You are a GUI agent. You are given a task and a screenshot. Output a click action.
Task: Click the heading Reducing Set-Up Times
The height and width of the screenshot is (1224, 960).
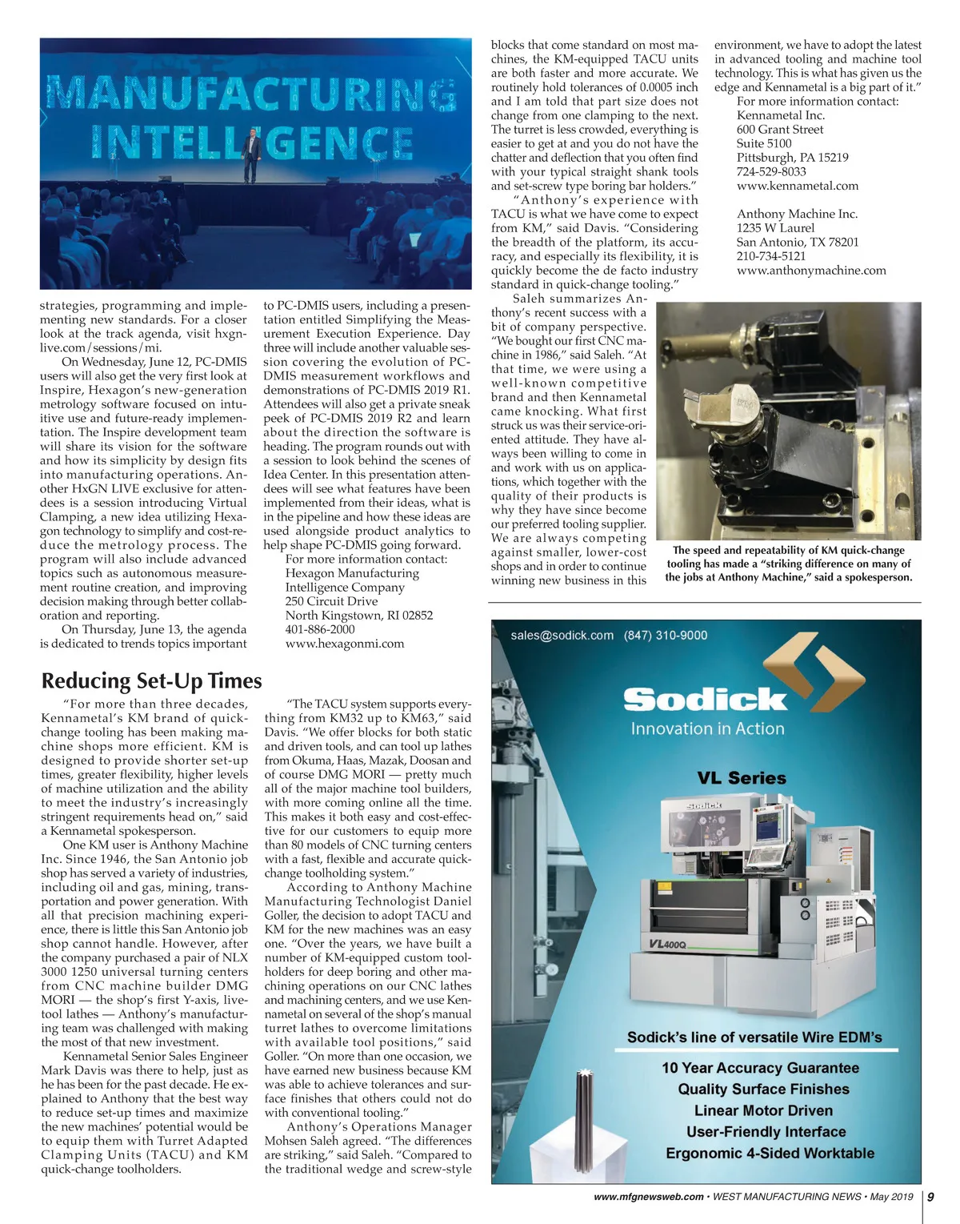tap(151, 680)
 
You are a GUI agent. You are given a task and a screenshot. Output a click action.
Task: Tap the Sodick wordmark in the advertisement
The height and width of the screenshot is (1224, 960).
tap(705, 699)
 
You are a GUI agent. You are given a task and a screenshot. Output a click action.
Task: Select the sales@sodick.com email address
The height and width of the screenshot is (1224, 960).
tap(562, 636)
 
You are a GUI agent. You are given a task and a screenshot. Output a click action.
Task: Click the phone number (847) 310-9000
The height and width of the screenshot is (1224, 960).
tap(666, 636)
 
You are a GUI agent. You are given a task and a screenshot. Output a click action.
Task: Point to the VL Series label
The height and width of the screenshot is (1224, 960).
tap(741, 778)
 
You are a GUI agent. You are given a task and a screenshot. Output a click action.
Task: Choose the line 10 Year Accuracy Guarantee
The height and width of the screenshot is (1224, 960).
tap(760, 1068)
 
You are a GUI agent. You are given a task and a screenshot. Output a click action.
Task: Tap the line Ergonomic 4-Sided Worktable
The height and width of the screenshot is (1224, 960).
tap(770, 1153)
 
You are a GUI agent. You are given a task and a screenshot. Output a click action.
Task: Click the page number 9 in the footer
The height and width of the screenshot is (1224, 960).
tap(930, 1197)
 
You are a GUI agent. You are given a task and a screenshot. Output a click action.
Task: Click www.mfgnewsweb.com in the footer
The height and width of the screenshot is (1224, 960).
tap(649, 1197)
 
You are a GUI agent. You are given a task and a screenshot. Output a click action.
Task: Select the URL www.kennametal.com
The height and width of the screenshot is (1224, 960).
tap(797, 186)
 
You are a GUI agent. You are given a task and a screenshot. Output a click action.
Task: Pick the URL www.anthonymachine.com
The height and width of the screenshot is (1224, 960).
tap(810, 271)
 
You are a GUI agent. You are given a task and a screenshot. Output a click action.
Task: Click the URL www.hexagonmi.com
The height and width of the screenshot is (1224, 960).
tap(345, 644)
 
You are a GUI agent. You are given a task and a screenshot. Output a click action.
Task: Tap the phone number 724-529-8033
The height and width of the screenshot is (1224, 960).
tap(771, 171)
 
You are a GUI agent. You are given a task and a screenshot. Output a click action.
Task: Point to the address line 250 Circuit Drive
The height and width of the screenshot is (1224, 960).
tap(331, 601)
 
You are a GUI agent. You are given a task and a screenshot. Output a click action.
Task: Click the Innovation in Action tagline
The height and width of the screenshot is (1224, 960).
tap(707, 728)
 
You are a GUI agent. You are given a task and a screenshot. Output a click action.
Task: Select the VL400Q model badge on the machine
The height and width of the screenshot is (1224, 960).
tap(667, 945)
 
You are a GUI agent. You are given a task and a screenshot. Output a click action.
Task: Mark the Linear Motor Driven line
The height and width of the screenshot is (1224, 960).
tap(763, 1110)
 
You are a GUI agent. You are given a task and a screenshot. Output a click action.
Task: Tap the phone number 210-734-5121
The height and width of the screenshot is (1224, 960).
tap(771, 256)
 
